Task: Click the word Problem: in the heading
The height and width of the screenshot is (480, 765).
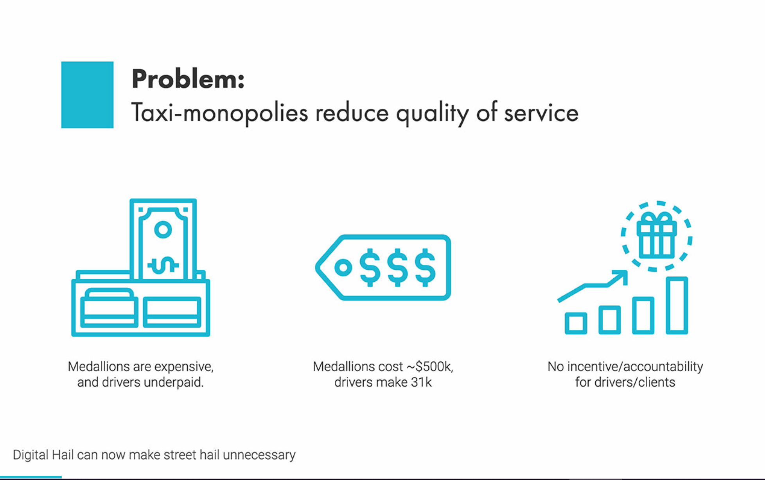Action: pyautogui.click(x=188, y=79)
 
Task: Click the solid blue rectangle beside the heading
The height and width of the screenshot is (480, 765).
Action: pyautogui.click(x=87, y=95)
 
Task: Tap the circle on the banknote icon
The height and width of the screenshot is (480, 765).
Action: pyautogui.click(x=163, y=229)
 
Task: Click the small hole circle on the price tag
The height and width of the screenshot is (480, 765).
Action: pyautogui.click(x=343, y=268)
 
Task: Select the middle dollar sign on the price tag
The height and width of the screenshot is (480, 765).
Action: pyautogui.click(x=398, y=268)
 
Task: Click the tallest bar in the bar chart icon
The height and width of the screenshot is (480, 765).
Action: pyautogui.click(x=677, y=306)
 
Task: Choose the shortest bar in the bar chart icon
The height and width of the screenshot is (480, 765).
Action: pyautogui.click(x=576, y=323)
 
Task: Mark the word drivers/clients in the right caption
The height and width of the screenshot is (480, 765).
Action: pyautogui.click(x=634, y=382)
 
